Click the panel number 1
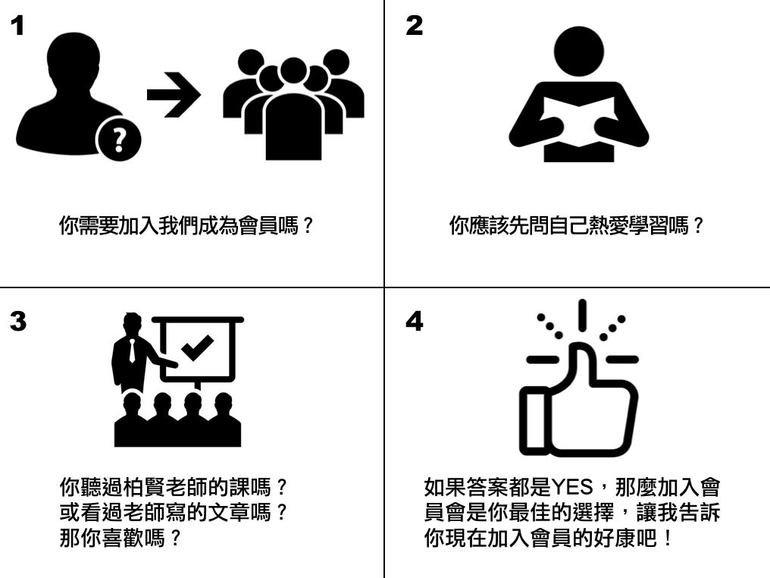click(17, 26)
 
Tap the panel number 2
click(414, 26)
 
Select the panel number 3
click(18, 322)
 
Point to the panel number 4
click(415, 322)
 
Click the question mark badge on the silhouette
click(118, 140)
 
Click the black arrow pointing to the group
click(174, 94)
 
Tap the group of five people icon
click(293, 104)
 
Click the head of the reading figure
click(578, 52)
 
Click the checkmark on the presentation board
click(197, 347)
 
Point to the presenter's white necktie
click(132, 350)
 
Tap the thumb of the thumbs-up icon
click(583, 366)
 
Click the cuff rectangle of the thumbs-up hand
click(534, 421)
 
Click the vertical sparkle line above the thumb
click(582, 314)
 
